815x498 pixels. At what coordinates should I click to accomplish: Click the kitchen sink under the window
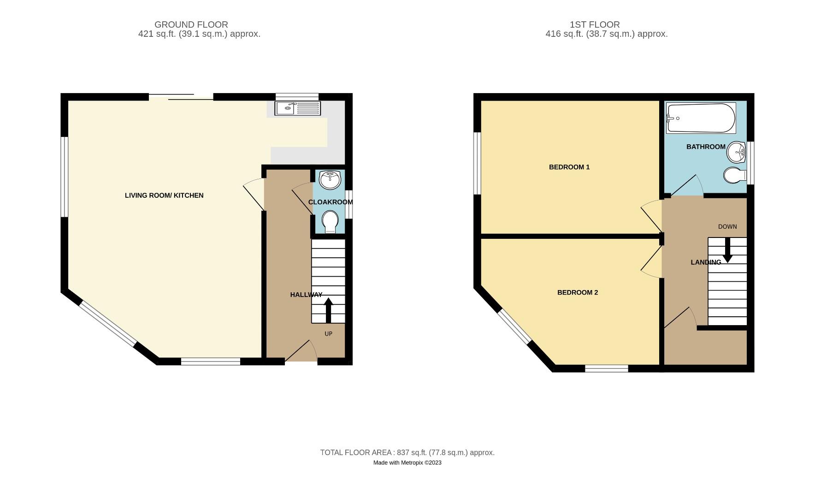click(297, 108)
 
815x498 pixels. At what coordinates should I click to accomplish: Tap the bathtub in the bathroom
click(701, 118)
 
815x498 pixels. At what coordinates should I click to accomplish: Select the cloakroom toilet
click(330, 222)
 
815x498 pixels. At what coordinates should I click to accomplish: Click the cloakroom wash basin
click(330, 179)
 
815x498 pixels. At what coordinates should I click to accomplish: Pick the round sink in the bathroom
click(737, 152)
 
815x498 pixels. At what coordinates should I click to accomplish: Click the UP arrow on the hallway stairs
click(329, 310)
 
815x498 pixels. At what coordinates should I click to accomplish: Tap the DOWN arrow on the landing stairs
click(727, 250)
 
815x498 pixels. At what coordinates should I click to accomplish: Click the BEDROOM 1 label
click(569, 167)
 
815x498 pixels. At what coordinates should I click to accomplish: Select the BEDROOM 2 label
click(577, 292)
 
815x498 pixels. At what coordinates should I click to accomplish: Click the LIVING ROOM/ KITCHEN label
click(164, 196)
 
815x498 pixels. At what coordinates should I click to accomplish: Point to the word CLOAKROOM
click(330, 202)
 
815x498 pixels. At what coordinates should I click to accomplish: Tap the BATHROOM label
click(705, 147)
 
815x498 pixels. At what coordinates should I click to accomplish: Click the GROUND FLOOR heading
click(191, 24)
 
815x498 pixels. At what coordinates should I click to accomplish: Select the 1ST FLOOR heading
click(594, 24)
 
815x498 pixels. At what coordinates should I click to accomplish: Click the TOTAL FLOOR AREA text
click(407, 452)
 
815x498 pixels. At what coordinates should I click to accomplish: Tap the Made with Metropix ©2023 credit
click(407, 462)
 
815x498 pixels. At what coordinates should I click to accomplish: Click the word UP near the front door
click(328, 333)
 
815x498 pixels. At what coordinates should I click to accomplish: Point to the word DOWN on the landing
click(727, 226)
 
